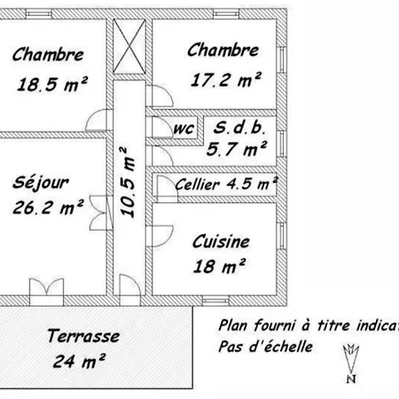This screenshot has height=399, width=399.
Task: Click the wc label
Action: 184,129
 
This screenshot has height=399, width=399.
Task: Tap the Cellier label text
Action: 197,184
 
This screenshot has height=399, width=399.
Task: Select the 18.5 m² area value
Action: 52,84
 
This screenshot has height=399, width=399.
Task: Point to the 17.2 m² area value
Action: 226,80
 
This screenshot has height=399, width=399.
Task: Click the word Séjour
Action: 41,184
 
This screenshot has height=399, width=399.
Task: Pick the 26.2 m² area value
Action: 48,207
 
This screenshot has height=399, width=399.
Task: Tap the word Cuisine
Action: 221,241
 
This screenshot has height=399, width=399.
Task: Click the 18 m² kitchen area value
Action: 219,266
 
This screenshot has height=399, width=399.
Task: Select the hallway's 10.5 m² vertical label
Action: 128,183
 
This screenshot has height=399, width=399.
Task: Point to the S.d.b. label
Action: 239,128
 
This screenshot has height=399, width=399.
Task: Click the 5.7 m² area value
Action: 237,149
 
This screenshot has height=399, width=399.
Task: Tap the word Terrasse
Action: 83,336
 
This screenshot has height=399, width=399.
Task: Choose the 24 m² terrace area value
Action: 79,361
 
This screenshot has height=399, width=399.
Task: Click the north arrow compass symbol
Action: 351,364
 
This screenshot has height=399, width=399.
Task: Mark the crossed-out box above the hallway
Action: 129,46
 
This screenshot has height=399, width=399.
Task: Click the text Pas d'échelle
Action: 265,347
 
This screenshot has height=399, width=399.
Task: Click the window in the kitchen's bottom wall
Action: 215,301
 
